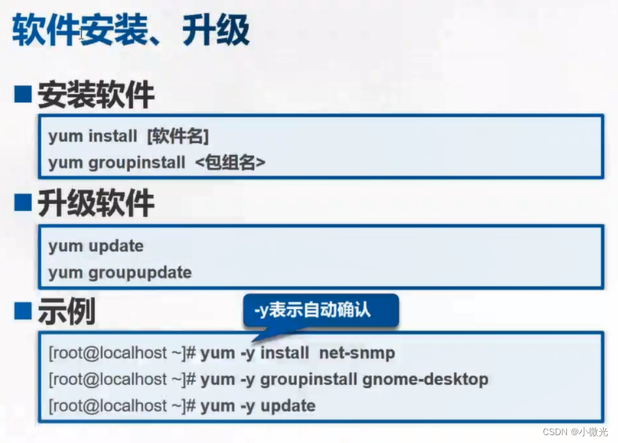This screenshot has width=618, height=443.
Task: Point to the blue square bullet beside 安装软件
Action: pos(23,95)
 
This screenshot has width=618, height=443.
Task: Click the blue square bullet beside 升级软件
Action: pos(23,204)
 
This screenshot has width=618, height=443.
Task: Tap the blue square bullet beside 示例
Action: pos(23,312)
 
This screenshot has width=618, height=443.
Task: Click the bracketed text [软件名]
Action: pos(178,137)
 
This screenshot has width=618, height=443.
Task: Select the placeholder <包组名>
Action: pos(230,163)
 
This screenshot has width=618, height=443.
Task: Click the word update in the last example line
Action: pos(288,406)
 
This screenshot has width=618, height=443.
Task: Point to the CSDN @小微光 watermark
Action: pos(575,432)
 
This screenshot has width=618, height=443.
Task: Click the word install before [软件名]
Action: pos(113,137)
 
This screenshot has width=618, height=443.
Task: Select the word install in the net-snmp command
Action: pos(285,353)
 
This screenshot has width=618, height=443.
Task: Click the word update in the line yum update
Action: pos(116,246)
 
